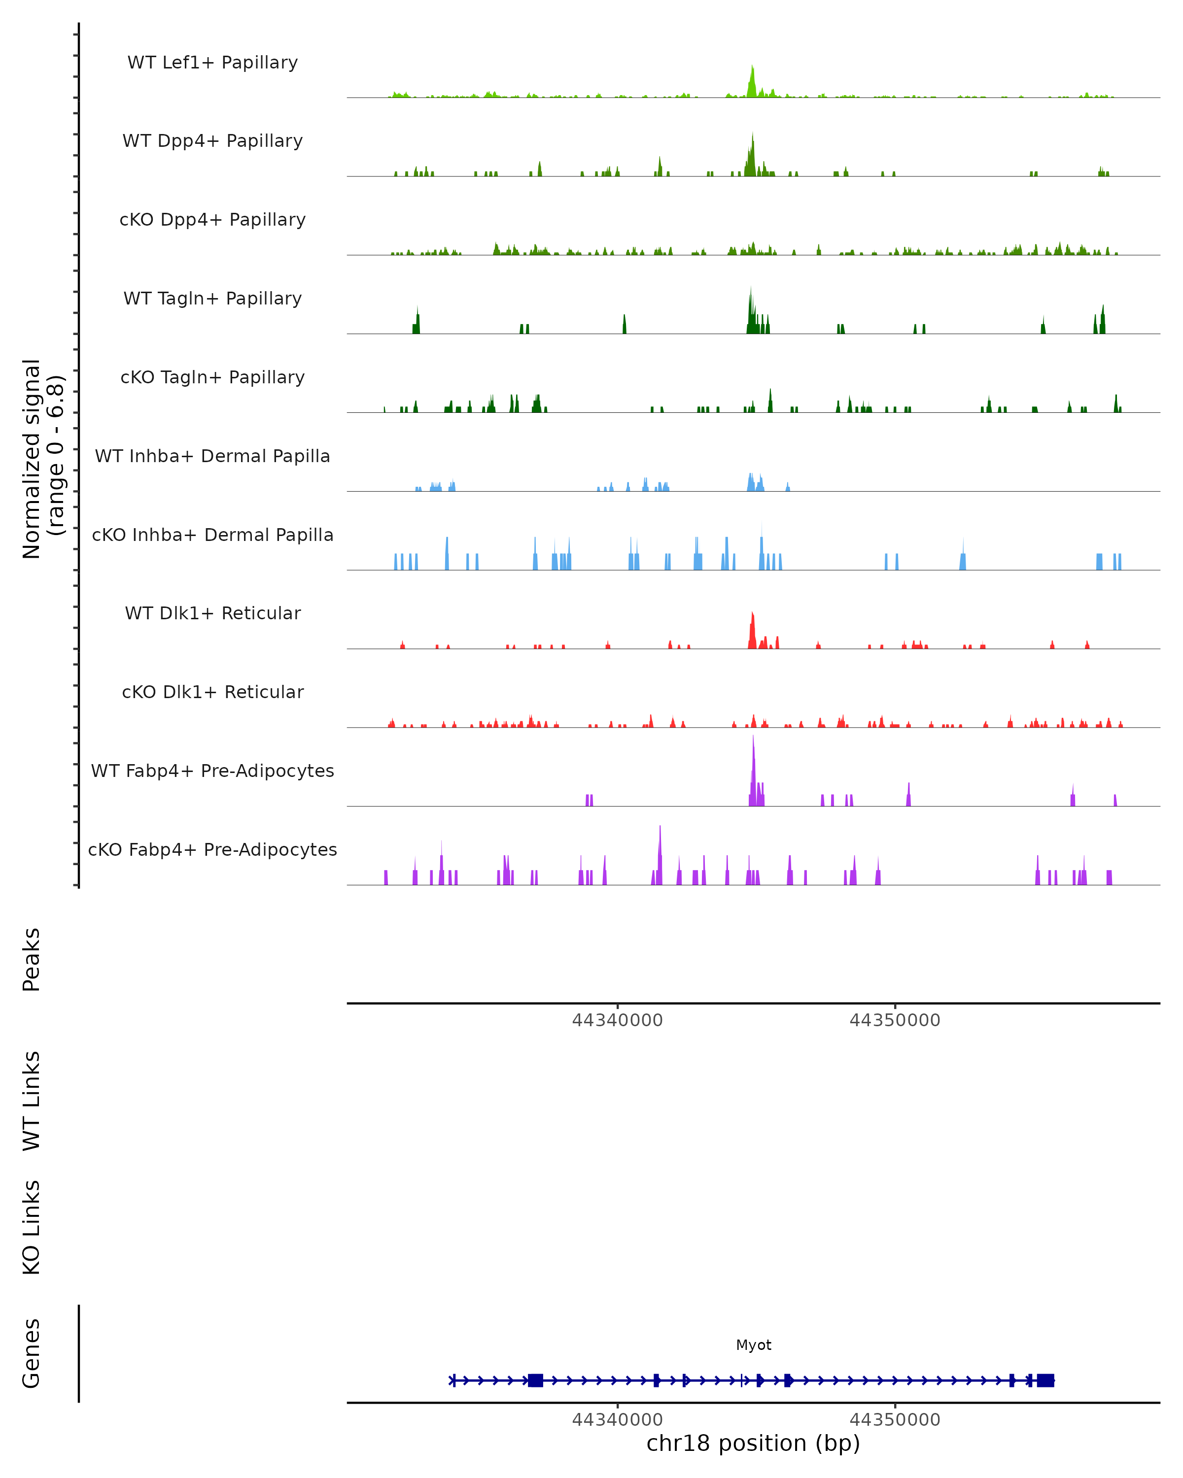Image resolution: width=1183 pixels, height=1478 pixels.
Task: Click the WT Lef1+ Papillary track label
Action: pos(212,63)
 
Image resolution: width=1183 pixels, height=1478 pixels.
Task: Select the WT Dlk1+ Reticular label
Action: pos(212,613)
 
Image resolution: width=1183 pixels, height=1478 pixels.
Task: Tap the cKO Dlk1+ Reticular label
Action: pos(212,692)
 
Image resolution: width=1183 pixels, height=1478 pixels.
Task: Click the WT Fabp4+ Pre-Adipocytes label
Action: pos(212,771)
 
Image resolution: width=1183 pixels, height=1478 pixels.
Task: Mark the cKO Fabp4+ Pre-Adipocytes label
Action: pos(212,849)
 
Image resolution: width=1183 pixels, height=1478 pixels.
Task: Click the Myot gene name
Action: pos(753,1345)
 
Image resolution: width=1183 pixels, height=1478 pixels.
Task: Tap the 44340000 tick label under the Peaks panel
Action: pos(617,1020)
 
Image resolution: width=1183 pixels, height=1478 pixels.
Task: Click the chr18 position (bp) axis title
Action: pos(753,1444)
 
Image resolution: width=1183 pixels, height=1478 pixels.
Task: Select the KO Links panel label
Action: pos(32,1227)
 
